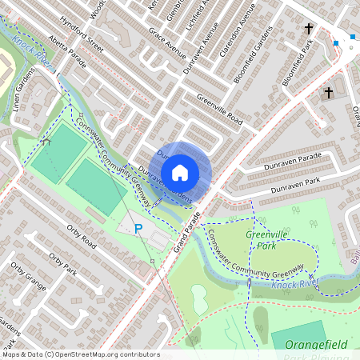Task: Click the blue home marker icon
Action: (180, 172)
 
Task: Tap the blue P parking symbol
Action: (138, 229)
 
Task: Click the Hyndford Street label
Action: (87, 34)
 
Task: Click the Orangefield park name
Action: (319, 344)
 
